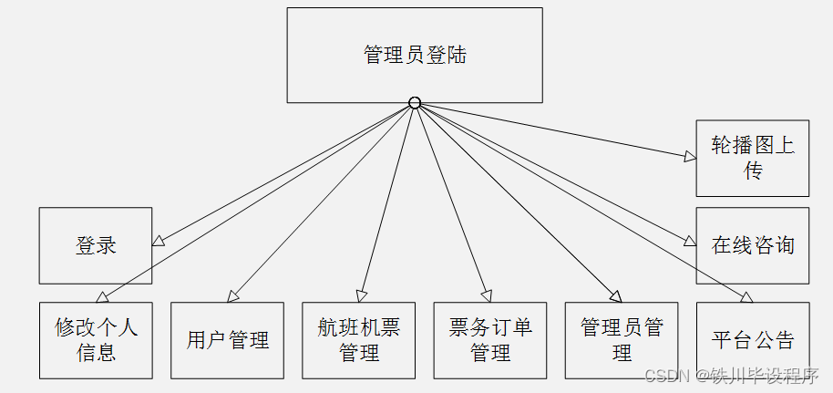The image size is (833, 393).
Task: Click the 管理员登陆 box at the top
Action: pyautogui.click(x=415, y=55)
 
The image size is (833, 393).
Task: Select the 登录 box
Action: pyautogui.click(x=96, y=245)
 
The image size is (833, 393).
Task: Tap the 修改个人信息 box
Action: pyautogui.click(x=96, y=340)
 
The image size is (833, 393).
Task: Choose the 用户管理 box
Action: pyautogui.click(x=228, y=340)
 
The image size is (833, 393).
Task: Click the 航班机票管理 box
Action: pyautogui.click(x=359, y=340)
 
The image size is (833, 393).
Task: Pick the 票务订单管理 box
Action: pyautogui.click(x=490, y=340)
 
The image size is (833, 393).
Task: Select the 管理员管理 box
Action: pyautogui.click(x=622, y=340)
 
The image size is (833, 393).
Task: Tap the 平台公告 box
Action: pyautogui.click(x=753, y=340)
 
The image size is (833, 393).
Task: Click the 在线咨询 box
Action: pyautogui.click(x=753, y=245)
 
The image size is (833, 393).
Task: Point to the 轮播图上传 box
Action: pyautogui.click(x=753, y=158)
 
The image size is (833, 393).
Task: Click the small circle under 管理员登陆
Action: pyautogui.click(x=415, y=103)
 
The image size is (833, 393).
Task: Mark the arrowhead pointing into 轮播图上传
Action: pyautogui.click(x=690, y=156)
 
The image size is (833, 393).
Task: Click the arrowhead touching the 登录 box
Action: pyautogui.click(x=159, y=242)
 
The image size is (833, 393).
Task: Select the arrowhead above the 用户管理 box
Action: pyautogui.click(x=233, y=296)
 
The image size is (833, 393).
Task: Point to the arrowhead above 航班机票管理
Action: pyautogui.click(x=362, y=296)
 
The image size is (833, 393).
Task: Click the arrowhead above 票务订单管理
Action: pyautogui.click(x=487, y=296)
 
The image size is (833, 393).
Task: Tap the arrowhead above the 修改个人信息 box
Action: pyautogui.click(x=103, y=296)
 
